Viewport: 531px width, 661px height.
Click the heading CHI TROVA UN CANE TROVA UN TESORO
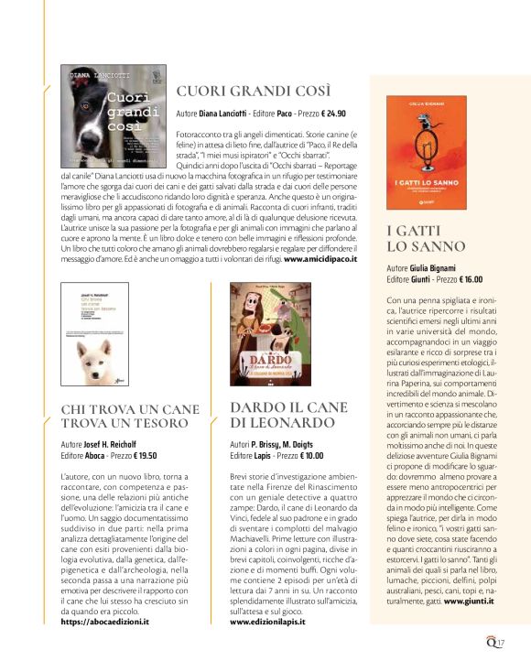click(125, 416)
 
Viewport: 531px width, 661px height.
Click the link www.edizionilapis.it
click(267, 622)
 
